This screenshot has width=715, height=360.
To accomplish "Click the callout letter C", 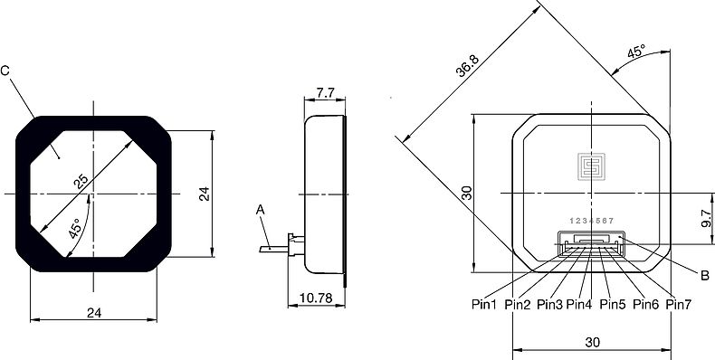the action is click(5, 71).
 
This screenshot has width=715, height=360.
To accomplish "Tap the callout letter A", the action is click(261, 210).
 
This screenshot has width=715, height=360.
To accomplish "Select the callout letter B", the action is click(704, 275).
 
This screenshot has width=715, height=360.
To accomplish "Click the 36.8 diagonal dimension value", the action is click(467, 66).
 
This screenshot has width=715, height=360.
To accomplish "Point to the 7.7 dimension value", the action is click(325, 93).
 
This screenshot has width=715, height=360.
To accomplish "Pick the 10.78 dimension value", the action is click(316, 298).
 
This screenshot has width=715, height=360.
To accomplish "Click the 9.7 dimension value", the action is click(707, 218).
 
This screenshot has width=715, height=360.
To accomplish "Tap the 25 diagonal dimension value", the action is click(82, 182).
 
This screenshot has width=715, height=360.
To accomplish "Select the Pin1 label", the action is click(484, 304).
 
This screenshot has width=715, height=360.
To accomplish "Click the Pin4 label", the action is click(578, 304).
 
